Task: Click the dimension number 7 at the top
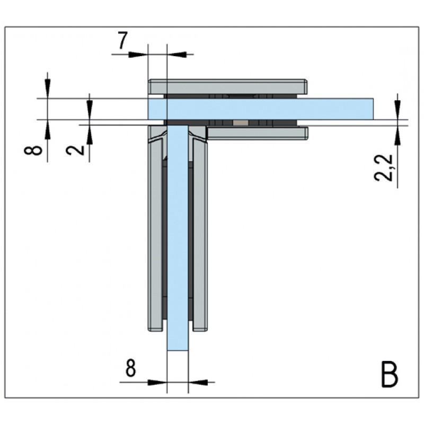122,40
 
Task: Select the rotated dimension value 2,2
384,167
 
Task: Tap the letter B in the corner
390,375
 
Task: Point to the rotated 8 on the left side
33,150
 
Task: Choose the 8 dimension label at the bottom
130,368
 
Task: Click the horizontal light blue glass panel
261,109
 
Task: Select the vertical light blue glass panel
178,237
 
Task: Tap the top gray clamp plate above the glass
228,86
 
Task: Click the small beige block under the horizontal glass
241,123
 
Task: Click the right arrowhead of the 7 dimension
177,55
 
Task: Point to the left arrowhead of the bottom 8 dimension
157,382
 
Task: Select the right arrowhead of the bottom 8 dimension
198,382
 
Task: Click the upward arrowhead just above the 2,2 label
397,135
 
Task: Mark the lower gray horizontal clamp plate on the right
258,134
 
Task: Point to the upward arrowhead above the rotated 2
90,135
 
